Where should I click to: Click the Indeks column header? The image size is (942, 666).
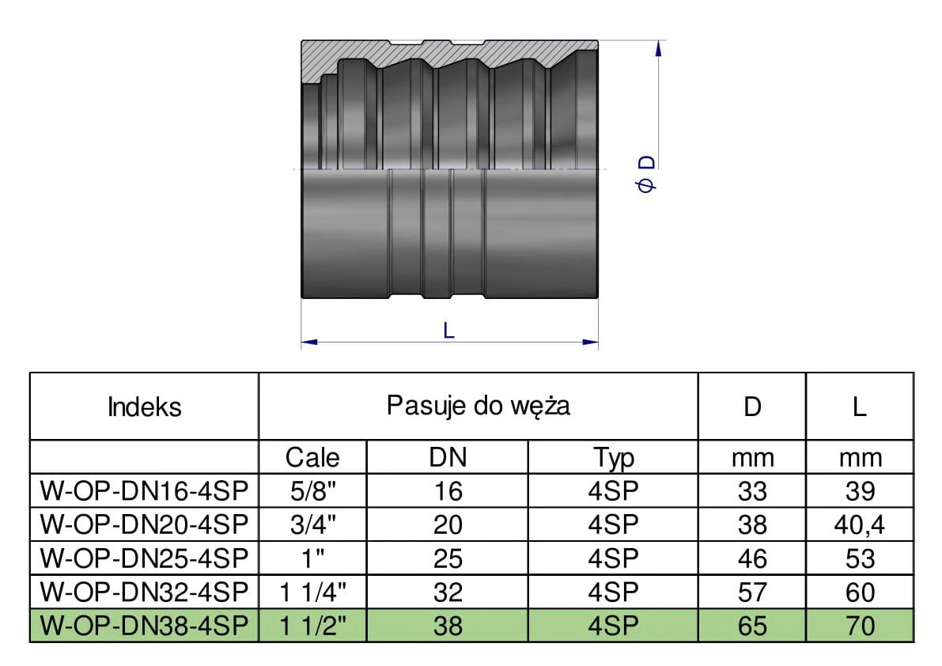point(144,407)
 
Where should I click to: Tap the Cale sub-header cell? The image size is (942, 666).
point(312,457)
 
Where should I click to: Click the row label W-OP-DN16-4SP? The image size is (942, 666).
point(144,491)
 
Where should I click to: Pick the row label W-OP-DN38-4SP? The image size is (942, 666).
point(144,626)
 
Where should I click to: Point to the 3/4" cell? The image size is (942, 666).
point(312,525)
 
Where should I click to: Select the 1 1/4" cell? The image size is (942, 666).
point(312,592)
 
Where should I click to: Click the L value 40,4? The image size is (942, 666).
point(859,525)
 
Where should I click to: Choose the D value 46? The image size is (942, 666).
point(751,559)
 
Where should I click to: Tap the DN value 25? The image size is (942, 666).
point(448,559)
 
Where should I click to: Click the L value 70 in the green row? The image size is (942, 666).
point(859,626)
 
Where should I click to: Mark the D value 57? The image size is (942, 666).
point(751,592)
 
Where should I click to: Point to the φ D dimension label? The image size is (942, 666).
point(646,174)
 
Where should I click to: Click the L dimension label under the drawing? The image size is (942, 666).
point(448,331)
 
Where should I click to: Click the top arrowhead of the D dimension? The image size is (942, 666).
point(656,47)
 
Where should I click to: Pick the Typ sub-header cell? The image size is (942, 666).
point(613,457)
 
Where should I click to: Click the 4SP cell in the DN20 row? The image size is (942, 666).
point(613,525)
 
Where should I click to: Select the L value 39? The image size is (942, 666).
point(859,491)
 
